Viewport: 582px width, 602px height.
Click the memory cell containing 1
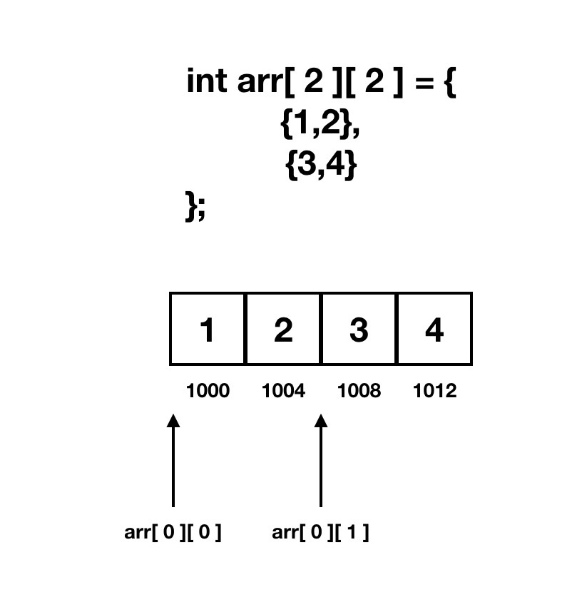point(208,329)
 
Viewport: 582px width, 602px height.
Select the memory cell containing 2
point(283,329)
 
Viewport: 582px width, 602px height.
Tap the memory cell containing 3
point(359,329)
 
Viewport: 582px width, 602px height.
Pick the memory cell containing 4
point(434,329)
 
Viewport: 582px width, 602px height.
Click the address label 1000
point(208,391)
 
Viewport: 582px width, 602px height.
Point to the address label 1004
point(283,391)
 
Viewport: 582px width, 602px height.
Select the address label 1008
point(359,391)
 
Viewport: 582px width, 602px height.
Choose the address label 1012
point(434,391)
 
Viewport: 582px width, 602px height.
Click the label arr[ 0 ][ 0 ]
point(173,533)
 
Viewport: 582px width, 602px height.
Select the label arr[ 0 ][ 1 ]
point(321,533)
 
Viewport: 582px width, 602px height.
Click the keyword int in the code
point(208,82)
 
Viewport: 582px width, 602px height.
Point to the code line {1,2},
point(320,125)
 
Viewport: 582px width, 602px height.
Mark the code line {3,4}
point(320,166)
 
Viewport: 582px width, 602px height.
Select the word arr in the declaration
point(259,83)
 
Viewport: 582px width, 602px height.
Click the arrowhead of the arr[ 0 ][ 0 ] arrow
point(173,422)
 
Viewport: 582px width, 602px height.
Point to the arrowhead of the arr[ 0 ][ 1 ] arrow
point(321,422)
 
